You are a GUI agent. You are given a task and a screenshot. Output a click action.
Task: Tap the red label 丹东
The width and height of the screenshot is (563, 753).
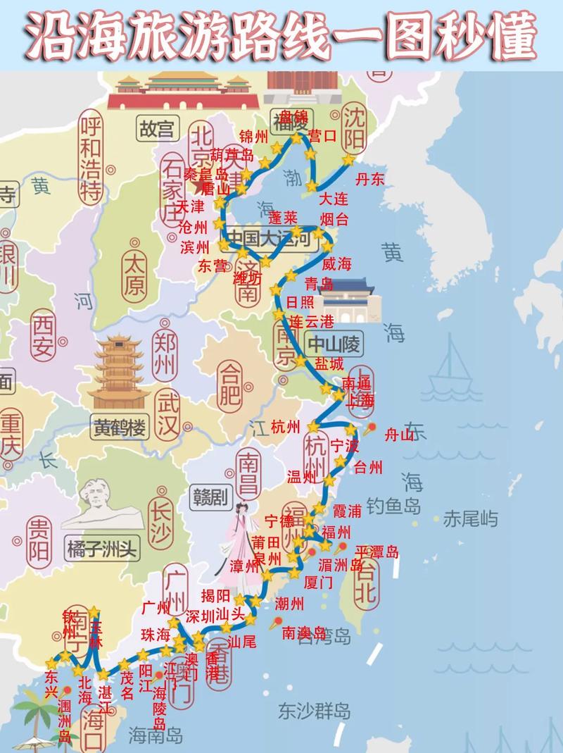pyautogui.click(x=370, y=179)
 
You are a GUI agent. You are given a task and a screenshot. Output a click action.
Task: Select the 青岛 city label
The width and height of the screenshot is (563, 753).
pyautogui.click(x=318, y=283)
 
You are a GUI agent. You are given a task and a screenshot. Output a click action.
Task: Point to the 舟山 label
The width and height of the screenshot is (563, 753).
pyautogui.click(x=400, y=435)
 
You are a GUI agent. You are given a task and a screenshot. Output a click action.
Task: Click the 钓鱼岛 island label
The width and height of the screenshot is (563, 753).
pyautogui.click(x=393, y=506)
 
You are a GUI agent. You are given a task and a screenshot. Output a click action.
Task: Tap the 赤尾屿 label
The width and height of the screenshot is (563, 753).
pyautogui.click(x=470, y=520)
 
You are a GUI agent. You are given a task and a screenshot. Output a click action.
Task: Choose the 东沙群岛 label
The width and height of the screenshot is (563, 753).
pyautogui.click(x=314, y=709)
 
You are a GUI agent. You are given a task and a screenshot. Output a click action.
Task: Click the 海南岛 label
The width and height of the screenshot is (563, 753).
pyautogui.click(x=156, y=736)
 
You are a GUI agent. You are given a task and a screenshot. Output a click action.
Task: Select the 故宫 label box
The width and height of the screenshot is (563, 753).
pyautogui.click(x=156, y=129)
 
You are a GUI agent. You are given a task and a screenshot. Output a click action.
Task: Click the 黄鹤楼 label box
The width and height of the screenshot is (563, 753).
pyautogui.click(x=119, y=426)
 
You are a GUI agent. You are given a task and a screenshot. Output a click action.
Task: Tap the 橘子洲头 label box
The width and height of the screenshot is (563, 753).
pyautogui.click(x=101, y=547)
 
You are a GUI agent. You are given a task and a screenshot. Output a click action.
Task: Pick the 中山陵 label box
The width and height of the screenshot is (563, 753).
pyautogui.click(x=334, y=344)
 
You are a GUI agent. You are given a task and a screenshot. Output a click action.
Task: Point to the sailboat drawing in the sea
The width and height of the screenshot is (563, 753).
pyautogui.click(x=450, y=373)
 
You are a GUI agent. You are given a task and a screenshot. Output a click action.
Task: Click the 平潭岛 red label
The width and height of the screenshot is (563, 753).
pyautogui.click(x=377, y=552)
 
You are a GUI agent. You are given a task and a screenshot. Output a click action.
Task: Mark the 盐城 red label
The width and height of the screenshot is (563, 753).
pyautogui.click(x=329, y=363)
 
